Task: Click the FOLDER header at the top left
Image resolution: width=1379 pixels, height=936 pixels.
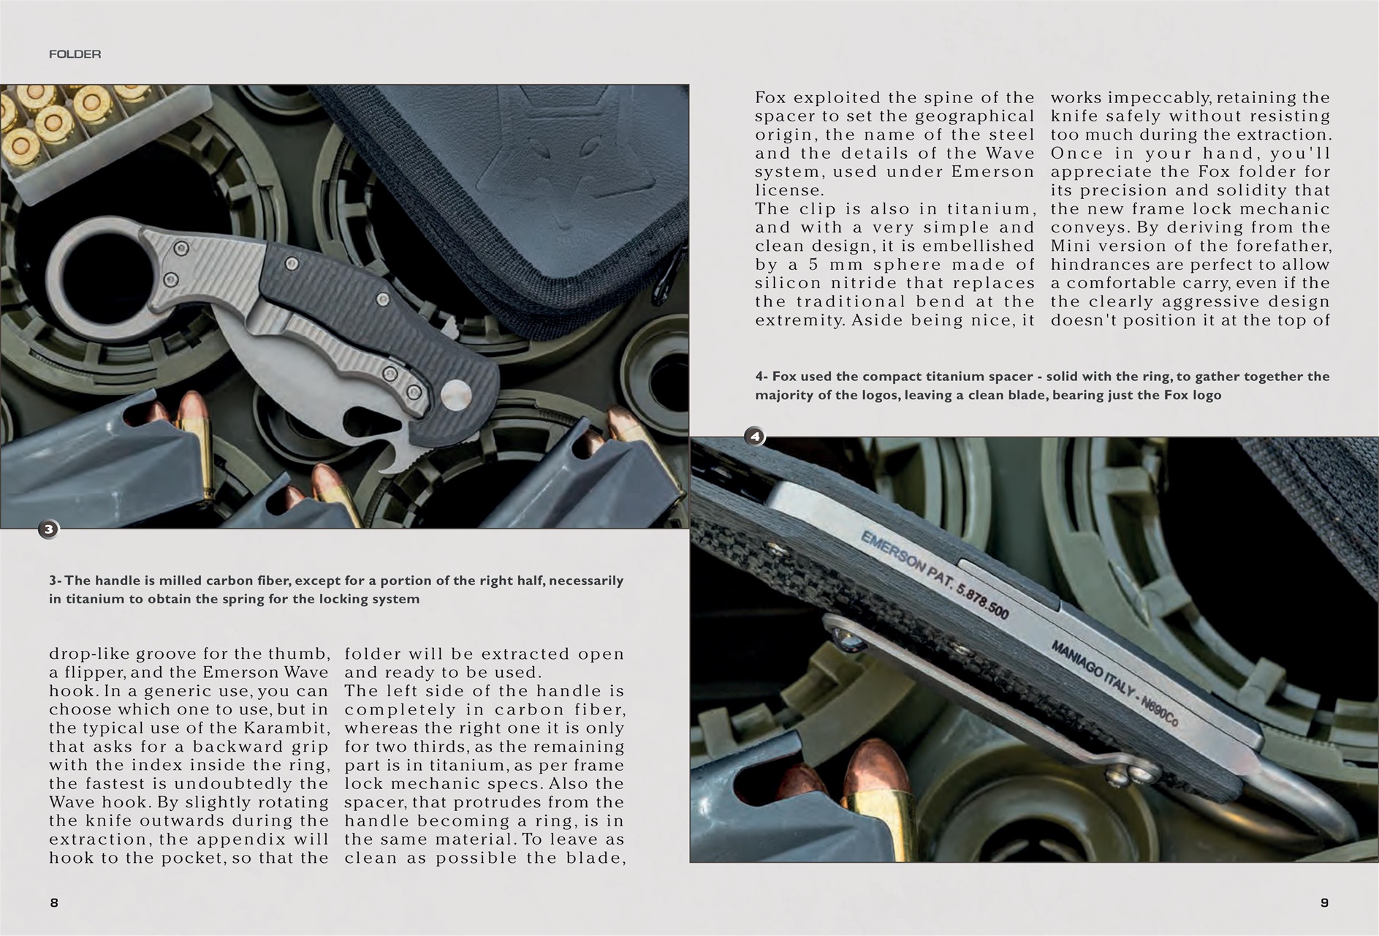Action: [x=75, y=54]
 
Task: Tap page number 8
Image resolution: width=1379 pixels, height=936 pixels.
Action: [x=54, y=902]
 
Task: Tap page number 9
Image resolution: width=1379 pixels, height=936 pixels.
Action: [x=1324, y=902]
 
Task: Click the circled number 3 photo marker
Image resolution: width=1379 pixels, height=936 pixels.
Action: [x=48, y=529]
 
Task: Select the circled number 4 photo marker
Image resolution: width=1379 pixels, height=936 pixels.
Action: [x=754, y=437]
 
